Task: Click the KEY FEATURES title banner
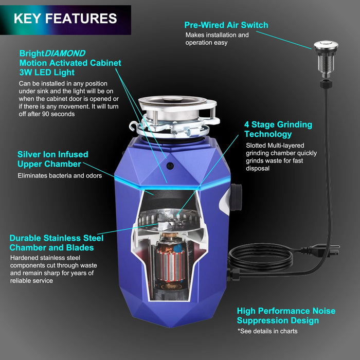pos(65,19)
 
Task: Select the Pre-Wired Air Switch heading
pos(226,25)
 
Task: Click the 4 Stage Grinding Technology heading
pos(278,129)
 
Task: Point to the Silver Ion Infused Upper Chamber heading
pos(52,159)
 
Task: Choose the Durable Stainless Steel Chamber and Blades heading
pos(57,243)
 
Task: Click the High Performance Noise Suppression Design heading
pos(286,316)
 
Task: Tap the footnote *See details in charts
pos(267,331)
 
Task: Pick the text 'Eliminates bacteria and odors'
pos(60,175)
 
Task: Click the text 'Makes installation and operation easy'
pos(217,39)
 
